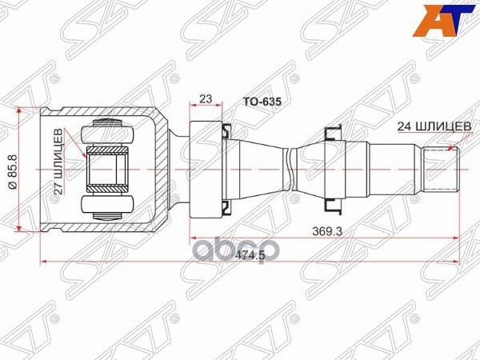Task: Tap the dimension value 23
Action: [206, 99]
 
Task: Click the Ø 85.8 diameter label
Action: [10, 171]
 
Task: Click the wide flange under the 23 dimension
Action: [206, 170]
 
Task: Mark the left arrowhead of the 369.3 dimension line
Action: [191, 238]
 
